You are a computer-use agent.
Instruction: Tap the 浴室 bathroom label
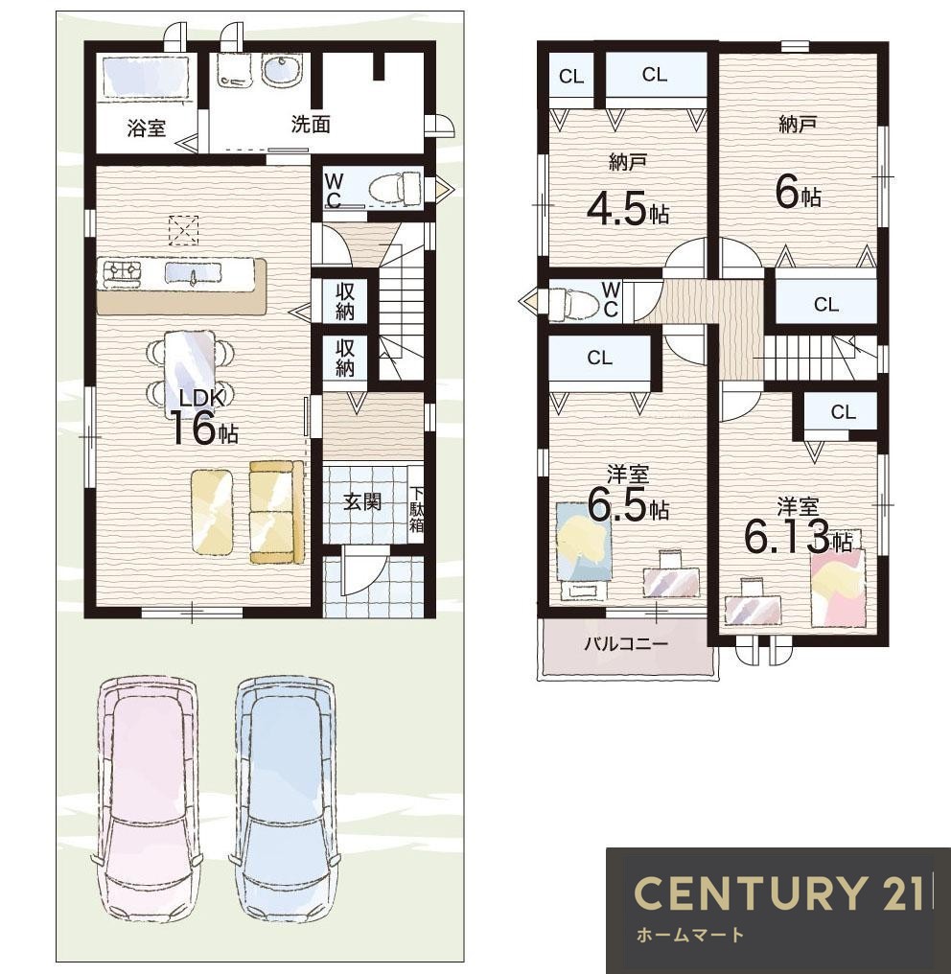[147, 128]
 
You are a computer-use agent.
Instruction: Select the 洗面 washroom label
[311, 125]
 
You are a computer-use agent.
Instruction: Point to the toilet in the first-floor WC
[395, 187]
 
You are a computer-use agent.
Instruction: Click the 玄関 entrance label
[362, 501]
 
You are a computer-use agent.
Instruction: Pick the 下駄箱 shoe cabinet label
[416, 508]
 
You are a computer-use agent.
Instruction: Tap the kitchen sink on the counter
[193, 272]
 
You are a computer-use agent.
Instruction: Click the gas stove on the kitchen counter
[123, 274]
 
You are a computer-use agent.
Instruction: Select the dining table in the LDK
[190, 370]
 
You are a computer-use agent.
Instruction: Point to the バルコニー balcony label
[626, 643]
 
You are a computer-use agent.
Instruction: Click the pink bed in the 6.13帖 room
[838, 587]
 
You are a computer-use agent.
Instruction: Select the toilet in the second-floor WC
[575, 302]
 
